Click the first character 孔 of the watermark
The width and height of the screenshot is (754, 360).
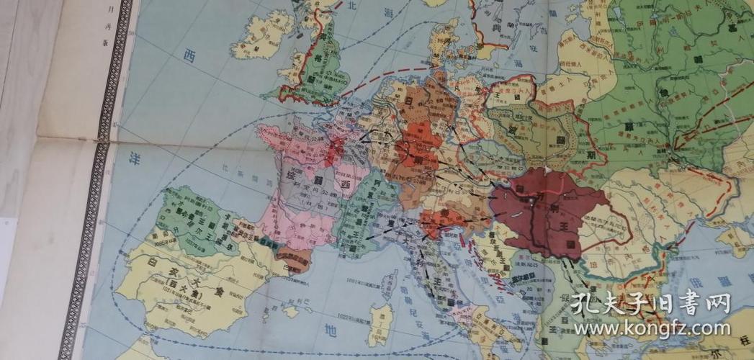[x=582, y=303]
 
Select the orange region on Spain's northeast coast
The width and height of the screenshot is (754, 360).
[x=293, y=258]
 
